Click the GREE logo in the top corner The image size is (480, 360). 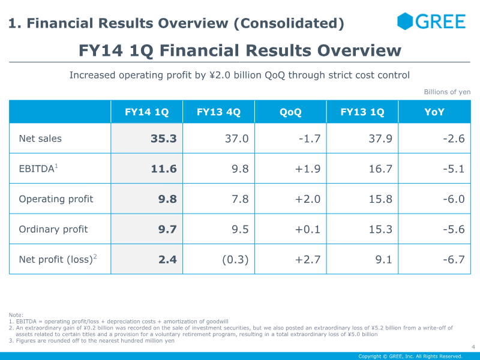tap(431, 22)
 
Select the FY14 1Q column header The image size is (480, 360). tap(146, 112)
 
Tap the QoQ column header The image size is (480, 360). tap(290, 112)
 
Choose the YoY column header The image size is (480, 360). tap(434, 112)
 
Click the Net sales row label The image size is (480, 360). tap(40, 139)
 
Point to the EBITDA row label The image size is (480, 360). tap(38, 169)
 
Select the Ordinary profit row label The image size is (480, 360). tap(53, 229)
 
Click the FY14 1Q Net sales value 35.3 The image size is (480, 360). tap(163, 139)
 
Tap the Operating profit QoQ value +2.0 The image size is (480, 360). tap(307, 199)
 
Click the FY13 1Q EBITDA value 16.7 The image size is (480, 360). tap(380, 169)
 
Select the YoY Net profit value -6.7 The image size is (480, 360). tap(452, 259)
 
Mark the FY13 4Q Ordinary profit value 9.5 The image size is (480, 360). tap(240, 229)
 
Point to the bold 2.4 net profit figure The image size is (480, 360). tap(167, 259)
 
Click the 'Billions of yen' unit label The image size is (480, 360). tap(447, 92)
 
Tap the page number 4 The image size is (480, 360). tap(473, 346)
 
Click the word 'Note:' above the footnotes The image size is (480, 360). tap(16, 315)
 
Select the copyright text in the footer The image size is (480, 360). tap(410, 356)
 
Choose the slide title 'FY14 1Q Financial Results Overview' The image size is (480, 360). tap(240, 50)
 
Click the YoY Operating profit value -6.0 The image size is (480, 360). tap(452, 199)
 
